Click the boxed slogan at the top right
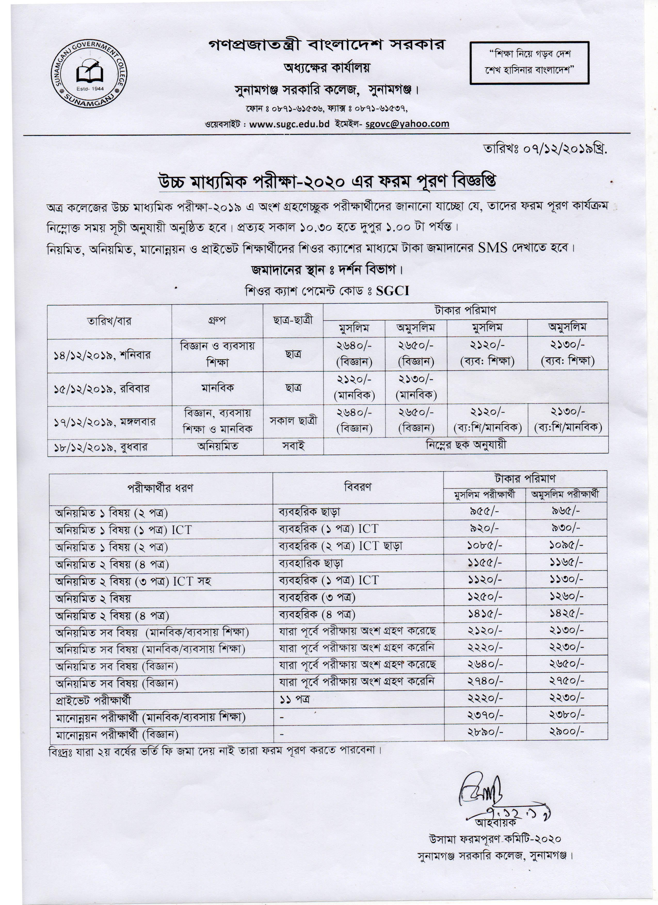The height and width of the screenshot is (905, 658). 529,63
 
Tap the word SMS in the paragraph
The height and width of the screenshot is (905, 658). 492,248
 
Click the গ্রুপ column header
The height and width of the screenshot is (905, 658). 217,320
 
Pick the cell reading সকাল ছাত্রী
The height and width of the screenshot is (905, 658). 293,421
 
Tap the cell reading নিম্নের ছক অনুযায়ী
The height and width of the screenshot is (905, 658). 466,445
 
